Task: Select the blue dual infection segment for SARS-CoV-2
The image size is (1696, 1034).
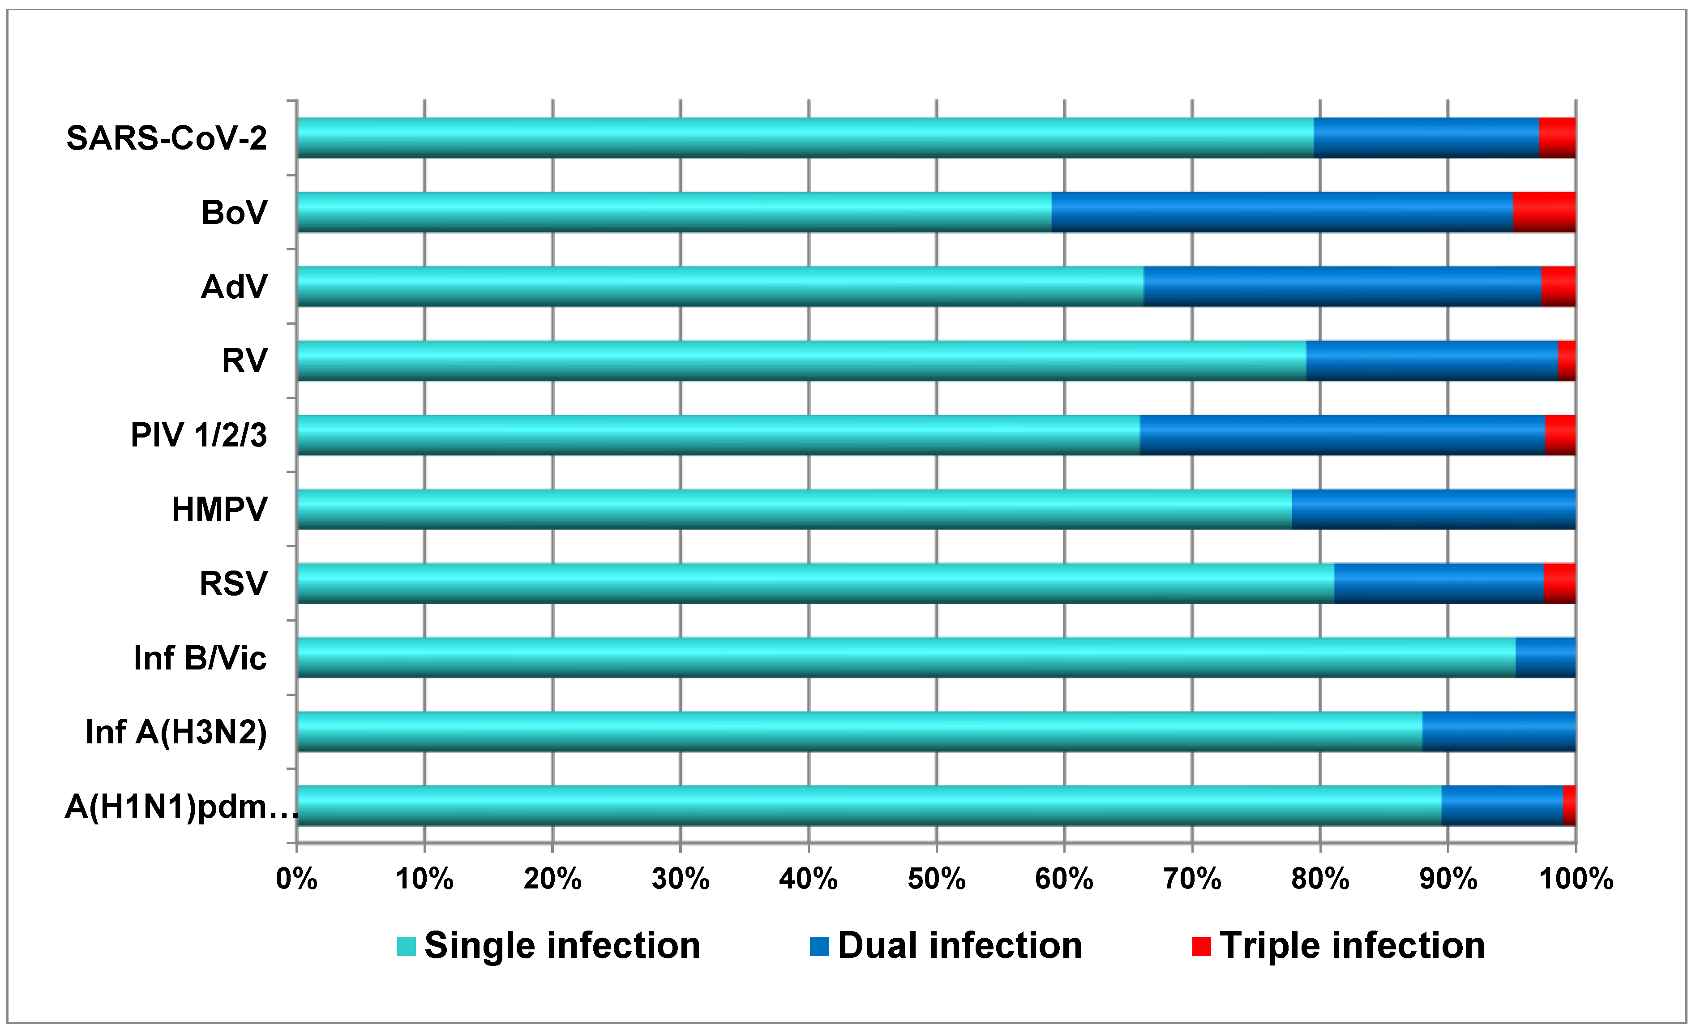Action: (1426, 137)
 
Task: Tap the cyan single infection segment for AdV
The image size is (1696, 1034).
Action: (720, 287)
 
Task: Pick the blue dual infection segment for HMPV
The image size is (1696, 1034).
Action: (1433, 510)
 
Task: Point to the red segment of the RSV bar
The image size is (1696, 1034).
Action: (1560, 583)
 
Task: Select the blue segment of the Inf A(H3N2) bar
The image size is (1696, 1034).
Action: (1499, 731)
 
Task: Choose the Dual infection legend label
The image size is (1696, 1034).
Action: (959, 946)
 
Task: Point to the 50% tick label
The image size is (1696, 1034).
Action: (936, 879)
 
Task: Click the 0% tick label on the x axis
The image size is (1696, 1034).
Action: (297, 879)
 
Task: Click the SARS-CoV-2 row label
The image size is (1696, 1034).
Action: (167, 138)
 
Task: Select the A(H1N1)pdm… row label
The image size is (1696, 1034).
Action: (181, 806)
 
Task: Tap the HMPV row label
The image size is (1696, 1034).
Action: (219, 510)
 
